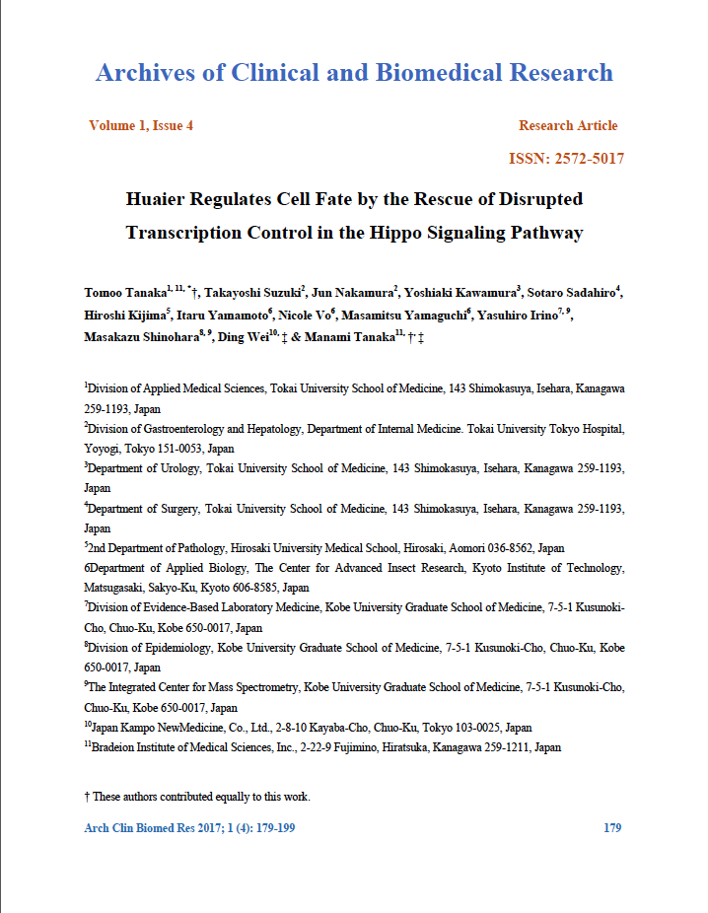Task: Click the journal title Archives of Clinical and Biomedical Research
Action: (x=354, y=72)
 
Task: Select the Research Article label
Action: (x=568, y=125)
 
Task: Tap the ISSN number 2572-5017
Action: (x=590, y=159)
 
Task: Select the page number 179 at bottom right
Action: (x=611, y=828)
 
